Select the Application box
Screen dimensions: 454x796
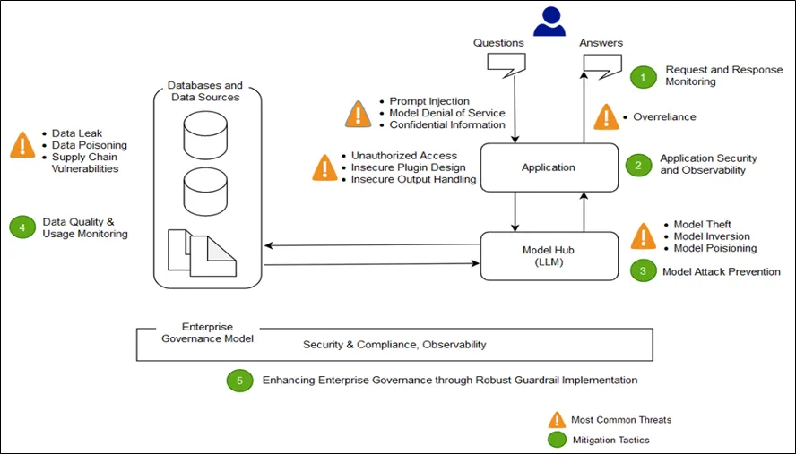click(x=549, y=167)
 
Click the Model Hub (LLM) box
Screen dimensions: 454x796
click(x=549, y=255)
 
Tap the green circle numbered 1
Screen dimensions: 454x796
click(x=642, y=76)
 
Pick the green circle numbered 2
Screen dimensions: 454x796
click(x=637, y=165)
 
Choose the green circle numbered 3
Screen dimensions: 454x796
click(x=642, y=270)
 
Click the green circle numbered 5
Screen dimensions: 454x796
click(x=238, y=380)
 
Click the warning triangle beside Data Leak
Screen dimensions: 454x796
click(x=22, y=145)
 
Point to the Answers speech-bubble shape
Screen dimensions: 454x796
click(x=602, y=64)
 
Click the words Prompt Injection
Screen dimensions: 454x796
click(x=429, y=101)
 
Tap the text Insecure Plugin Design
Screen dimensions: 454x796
click(x=408, y=167)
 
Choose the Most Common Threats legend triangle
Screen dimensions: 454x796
click(x=558, y=419)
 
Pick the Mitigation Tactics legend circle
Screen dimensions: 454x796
click(x=558, y=439)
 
